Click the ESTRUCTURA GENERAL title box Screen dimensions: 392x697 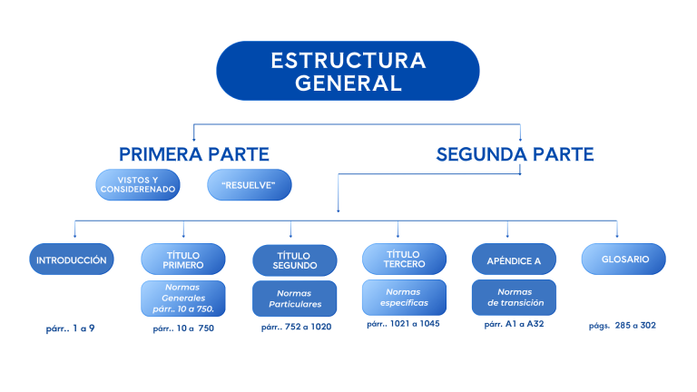click(348, 71)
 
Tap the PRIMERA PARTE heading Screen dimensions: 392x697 click(194, 154)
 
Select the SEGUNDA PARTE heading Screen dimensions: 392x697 click(515, 154)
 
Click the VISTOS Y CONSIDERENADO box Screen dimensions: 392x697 click(138, 185)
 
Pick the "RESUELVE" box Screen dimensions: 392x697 click(248, 185)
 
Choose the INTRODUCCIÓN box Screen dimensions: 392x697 click(72, 260)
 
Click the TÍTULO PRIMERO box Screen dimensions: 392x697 click(183, 260)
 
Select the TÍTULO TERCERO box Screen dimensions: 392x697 click(404, 260)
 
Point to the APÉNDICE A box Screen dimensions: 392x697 click(514, 260)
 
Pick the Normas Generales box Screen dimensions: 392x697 click(183, 298)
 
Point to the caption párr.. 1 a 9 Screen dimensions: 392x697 click(70, 328)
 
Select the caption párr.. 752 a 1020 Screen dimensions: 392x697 click(296, 327)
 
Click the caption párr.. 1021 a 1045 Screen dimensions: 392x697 click(404, 323)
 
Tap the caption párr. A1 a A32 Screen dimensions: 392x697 click(514, 324)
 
